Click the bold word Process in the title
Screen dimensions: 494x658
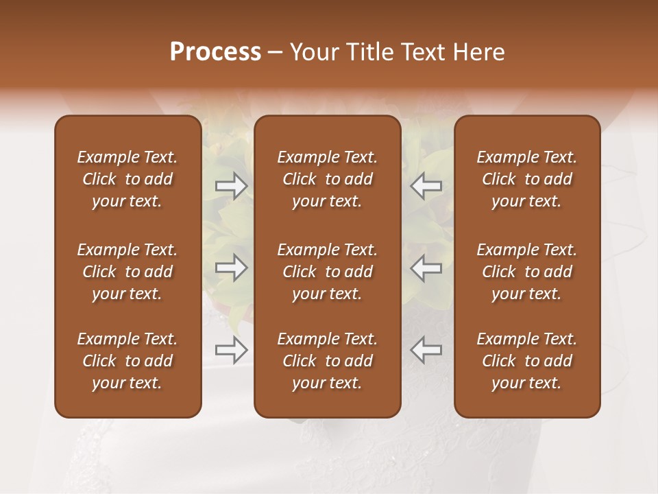[215, 52]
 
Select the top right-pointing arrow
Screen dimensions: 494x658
[231, 186]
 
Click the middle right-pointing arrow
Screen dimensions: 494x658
[231, 268]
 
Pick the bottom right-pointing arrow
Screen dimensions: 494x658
[231, 350]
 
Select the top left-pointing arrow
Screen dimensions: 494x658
[426, 186]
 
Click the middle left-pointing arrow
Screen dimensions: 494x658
[426, 268]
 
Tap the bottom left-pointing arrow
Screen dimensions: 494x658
[426, 350]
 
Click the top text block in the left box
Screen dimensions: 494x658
[127, 179]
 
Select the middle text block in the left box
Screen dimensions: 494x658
[127, 272]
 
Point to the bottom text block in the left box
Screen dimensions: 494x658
[127, 361]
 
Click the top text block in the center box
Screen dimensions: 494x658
[327, 179]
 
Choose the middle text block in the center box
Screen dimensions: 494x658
[327, 272]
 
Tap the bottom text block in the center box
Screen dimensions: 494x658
[327, 361]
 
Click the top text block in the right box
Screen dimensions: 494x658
[526, 179]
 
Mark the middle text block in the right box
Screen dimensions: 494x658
[526, 272]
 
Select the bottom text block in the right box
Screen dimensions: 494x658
[526, 361]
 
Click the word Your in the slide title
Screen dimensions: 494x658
[314, 52]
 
